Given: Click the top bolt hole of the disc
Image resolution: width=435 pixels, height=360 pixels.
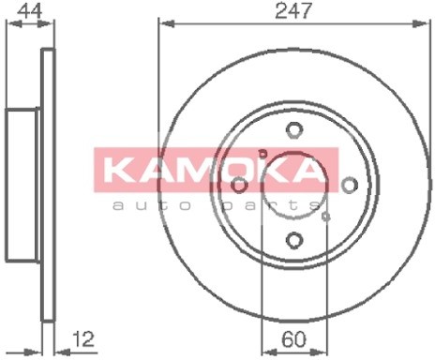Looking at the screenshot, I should click(x=293, y=130).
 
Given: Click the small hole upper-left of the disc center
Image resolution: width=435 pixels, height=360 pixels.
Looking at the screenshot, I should click(x=263, y=154).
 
